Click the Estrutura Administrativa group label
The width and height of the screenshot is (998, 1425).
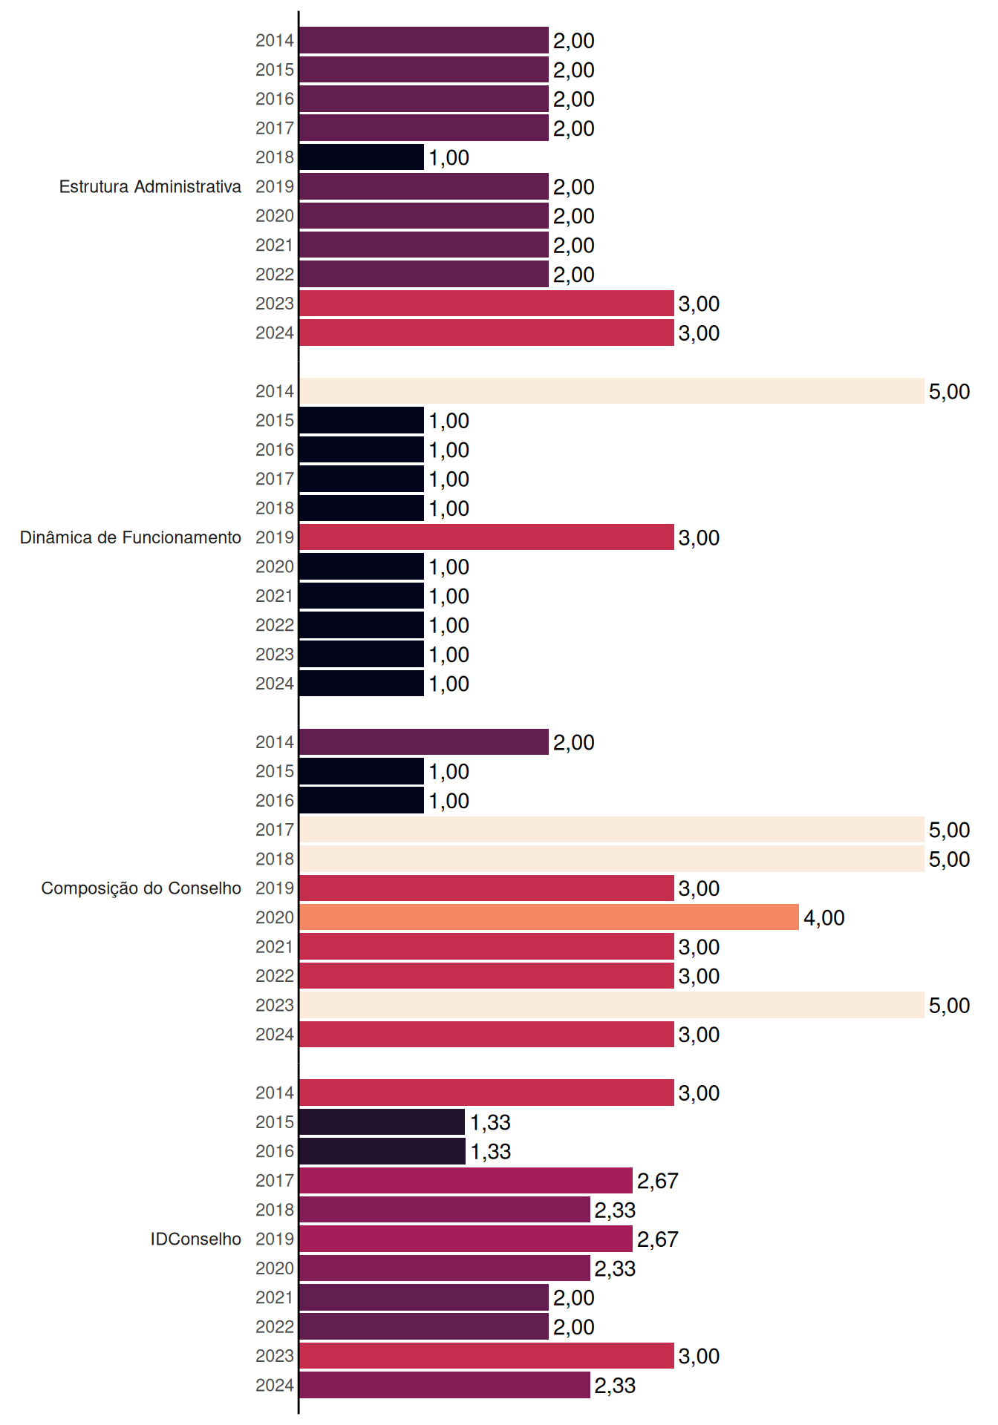150,186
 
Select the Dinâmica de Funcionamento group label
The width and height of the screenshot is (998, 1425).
131,537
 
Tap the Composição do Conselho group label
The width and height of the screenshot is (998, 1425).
141,888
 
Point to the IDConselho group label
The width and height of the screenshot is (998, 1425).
196,1239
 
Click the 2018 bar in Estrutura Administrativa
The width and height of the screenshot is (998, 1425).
362,157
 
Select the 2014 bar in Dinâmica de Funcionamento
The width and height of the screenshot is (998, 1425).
612,391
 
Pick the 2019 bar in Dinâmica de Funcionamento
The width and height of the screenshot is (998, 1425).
486,537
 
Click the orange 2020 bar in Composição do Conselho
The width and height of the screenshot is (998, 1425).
549,917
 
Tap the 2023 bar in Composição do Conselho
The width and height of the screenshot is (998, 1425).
612,1005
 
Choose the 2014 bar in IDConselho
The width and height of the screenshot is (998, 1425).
486,1092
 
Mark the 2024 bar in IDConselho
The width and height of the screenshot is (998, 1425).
445,1385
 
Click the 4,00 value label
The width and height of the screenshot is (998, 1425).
824,918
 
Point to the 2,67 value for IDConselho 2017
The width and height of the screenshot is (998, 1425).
658,1181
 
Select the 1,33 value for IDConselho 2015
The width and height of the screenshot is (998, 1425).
490,1122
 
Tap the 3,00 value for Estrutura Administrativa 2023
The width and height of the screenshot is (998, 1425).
699,304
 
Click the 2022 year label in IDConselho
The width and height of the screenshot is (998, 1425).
275,1326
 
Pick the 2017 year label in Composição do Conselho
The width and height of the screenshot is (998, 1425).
275,830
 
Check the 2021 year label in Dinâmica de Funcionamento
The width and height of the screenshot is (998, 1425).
275,596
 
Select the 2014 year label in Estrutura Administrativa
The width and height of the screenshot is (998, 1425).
275,41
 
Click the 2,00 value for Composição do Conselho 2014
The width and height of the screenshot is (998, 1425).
574,742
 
